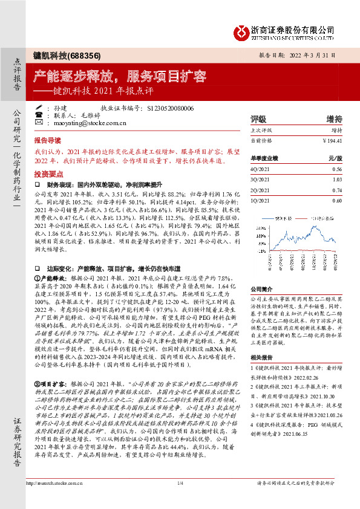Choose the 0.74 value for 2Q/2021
337,190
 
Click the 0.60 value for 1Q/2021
337,200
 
